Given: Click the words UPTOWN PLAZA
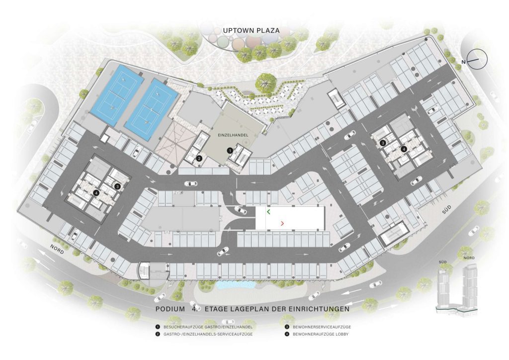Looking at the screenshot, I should [x=251, y=31].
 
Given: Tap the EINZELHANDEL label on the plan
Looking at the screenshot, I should [x=233, y=135].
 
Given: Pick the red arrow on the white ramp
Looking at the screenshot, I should [x=282, y=223].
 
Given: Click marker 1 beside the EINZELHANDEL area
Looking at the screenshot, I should [x=229, y=149].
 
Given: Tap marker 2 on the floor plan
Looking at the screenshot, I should [x=199, y=159].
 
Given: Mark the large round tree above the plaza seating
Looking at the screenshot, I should [x=264, y=81].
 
